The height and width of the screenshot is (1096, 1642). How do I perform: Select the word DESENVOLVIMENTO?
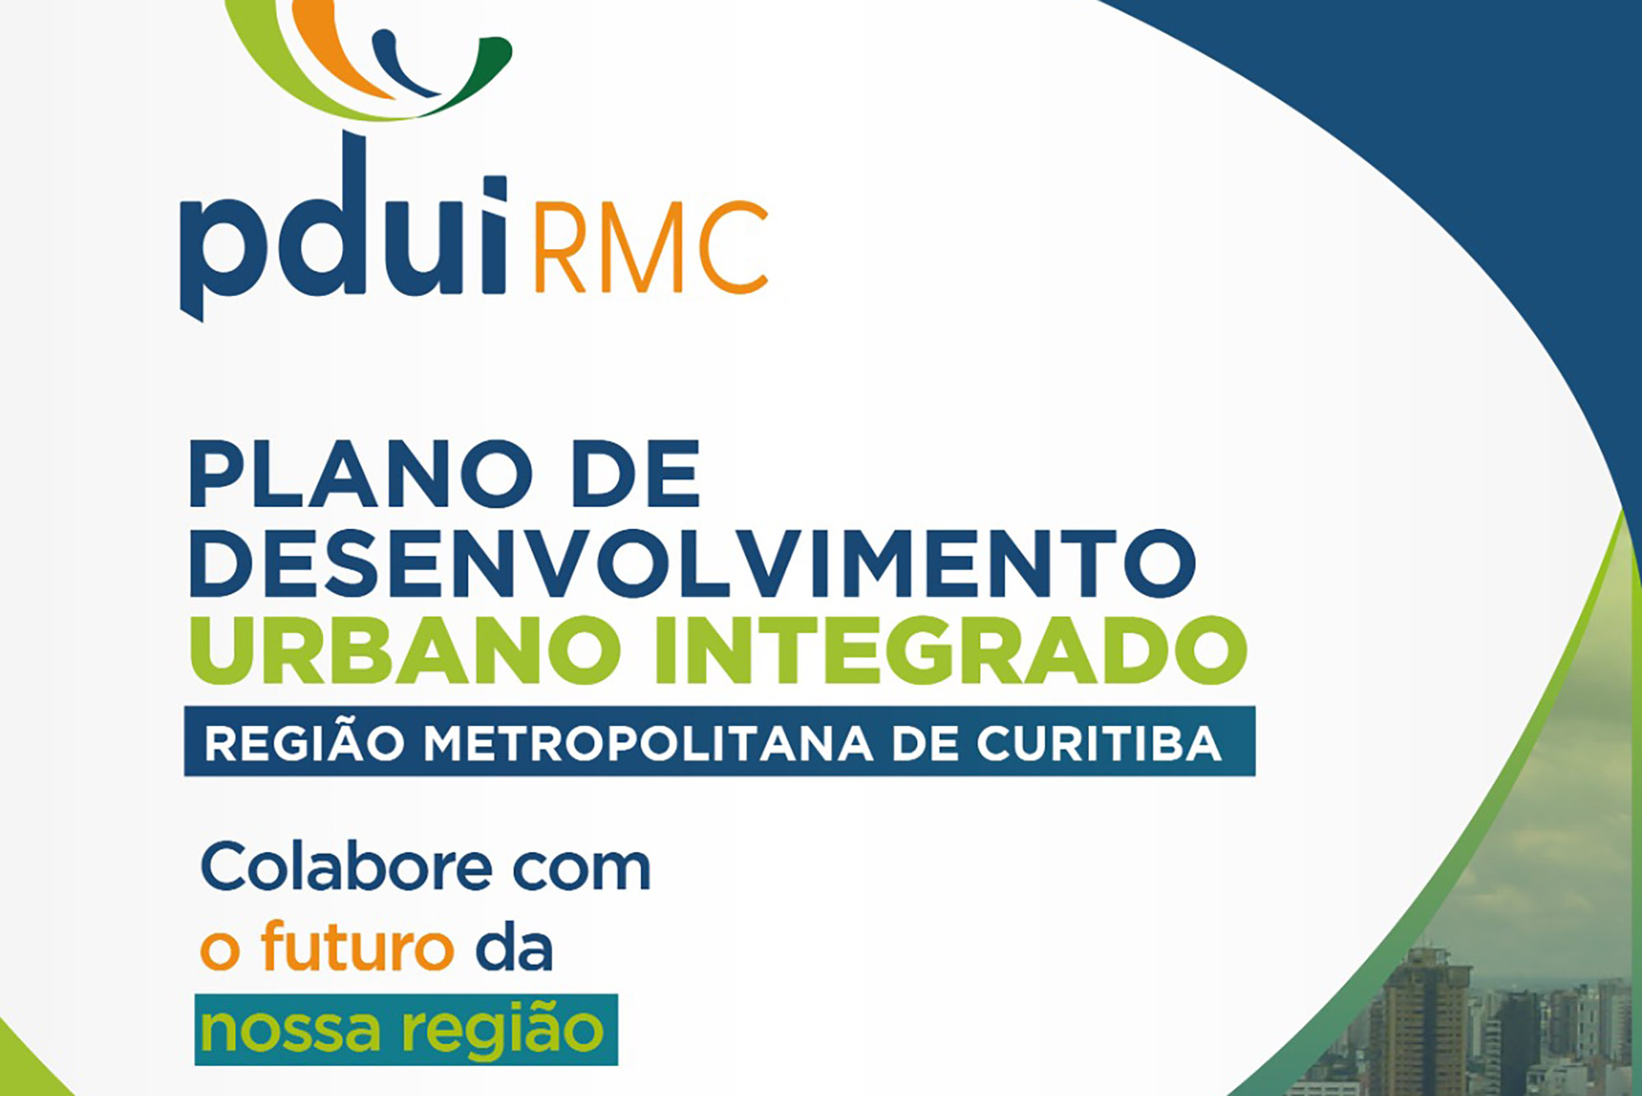point(693,562)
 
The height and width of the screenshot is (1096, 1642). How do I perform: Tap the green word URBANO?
point(405,650)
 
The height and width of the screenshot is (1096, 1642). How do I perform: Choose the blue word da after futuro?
point(514,946)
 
